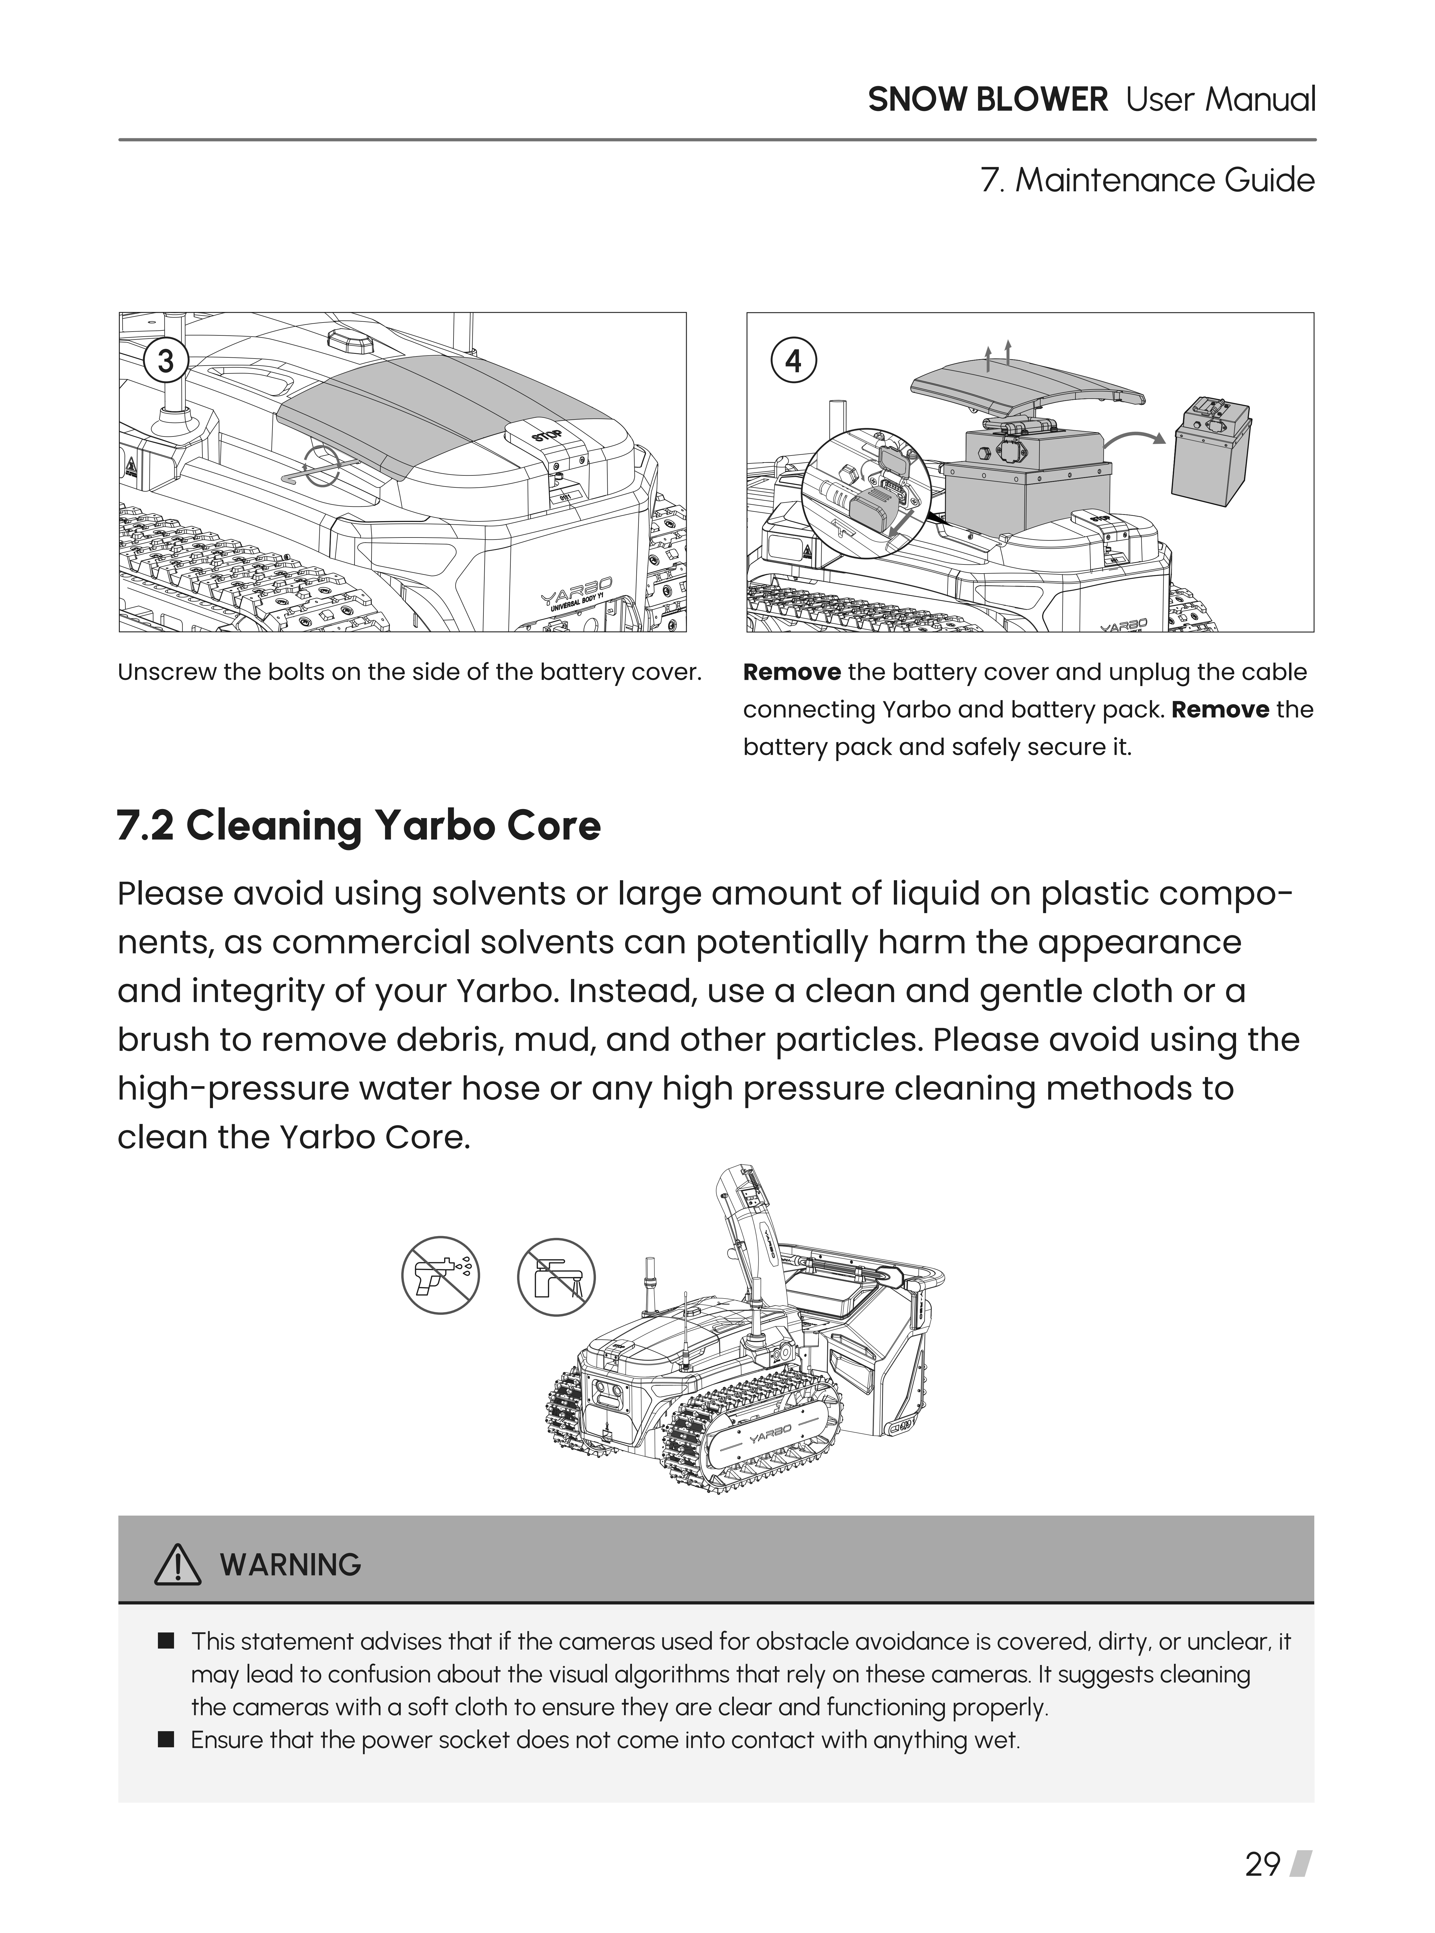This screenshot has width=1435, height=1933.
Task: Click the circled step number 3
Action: (x=165, y=360)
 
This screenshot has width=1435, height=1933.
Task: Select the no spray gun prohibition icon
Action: (x=440, y=1276)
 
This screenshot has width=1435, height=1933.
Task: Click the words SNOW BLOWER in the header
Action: (x=988, y=100)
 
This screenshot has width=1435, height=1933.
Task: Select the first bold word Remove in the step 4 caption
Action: (x=791, y=672)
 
